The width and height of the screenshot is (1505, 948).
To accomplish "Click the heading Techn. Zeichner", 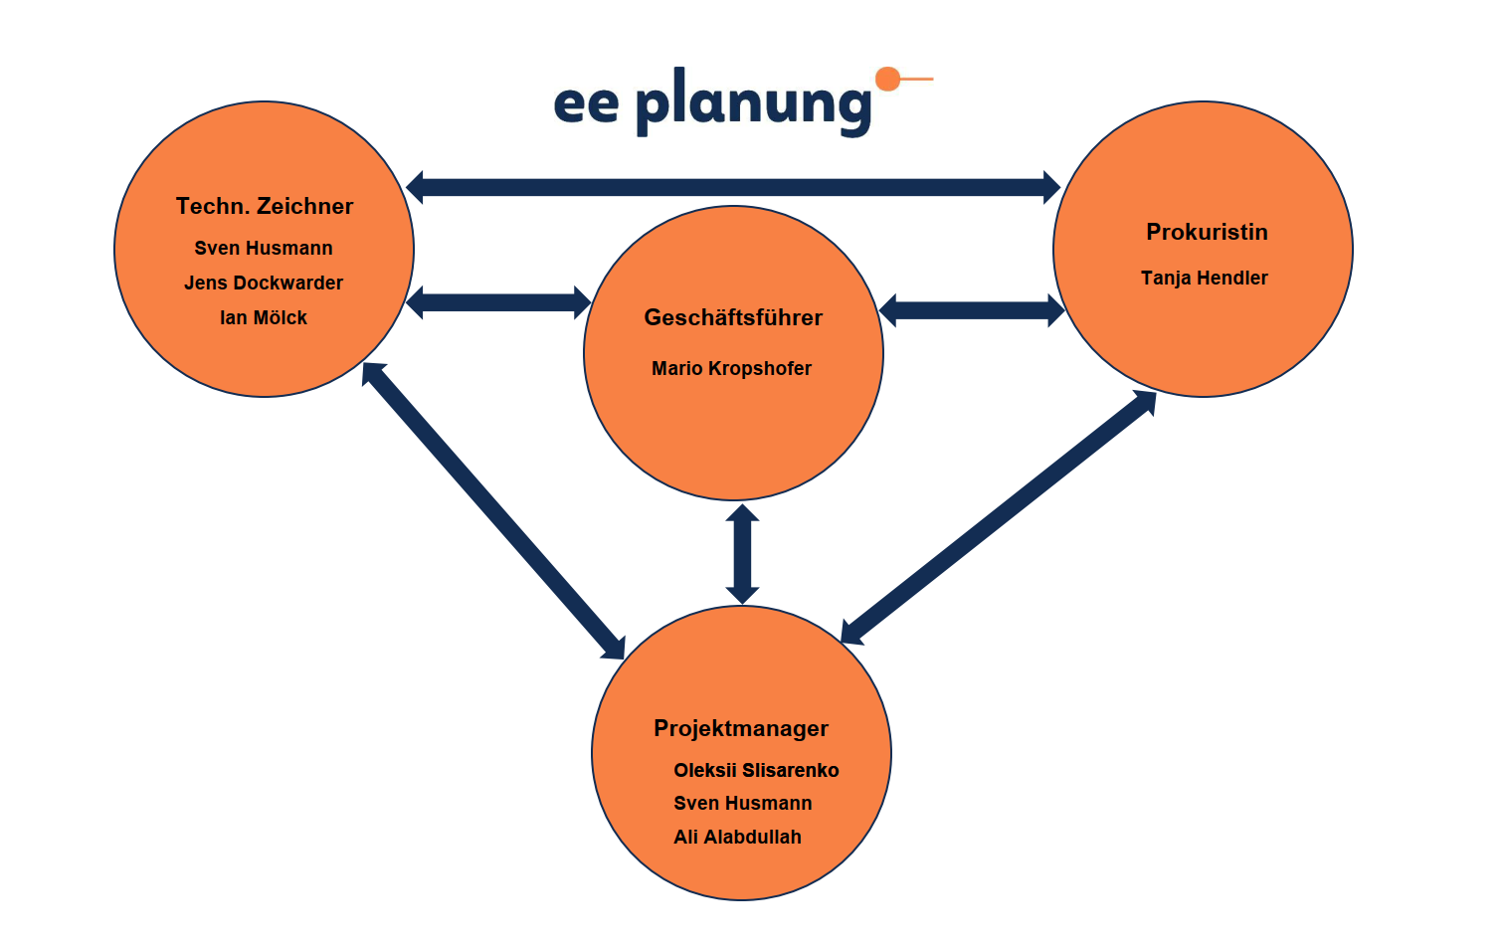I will click(x=265, y=206).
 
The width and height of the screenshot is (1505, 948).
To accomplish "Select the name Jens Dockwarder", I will click(x=264, y=283).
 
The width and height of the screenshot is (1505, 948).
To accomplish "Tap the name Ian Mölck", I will click(x=264, y=317).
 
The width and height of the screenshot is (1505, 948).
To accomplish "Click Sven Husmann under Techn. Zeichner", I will click(x=264, y=248).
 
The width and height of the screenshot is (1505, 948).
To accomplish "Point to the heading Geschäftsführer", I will click(x=733, y=317).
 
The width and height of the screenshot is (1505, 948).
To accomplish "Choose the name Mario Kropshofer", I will click(x=731, y=368).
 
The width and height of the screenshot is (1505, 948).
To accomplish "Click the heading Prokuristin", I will click(x=1207, y=232).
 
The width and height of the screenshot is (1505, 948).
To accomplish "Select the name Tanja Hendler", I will click(x=1204, y=278).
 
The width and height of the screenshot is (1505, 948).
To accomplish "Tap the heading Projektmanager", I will click(x=741, y=728).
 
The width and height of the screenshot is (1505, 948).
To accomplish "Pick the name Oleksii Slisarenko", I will click(x=756, y=770).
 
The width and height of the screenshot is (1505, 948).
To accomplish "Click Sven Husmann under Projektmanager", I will click(x=742, y=803).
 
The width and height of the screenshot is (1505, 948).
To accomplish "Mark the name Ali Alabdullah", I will click(x=737, y=837).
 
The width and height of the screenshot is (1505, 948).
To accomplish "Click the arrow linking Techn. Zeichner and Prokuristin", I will click(x=733, y=187).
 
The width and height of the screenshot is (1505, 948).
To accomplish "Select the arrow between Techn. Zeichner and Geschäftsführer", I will click(x=498, y=302).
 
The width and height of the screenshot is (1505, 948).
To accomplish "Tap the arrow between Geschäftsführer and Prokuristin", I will click(x=972, y=310).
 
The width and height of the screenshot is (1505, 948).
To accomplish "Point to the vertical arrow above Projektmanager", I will click(x=742, y=554).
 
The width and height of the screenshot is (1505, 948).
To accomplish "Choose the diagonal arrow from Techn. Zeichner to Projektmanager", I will click(x=493, y=511).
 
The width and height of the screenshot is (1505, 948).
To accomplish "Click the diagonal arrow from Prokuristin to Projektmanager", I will click(x=998, y=517).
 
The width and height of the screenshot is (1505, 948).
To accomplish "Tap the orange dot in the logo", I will click(x=887, y=79).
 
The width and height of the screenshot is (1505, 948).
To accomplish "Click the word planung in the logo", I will click(x=753, y=103).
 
